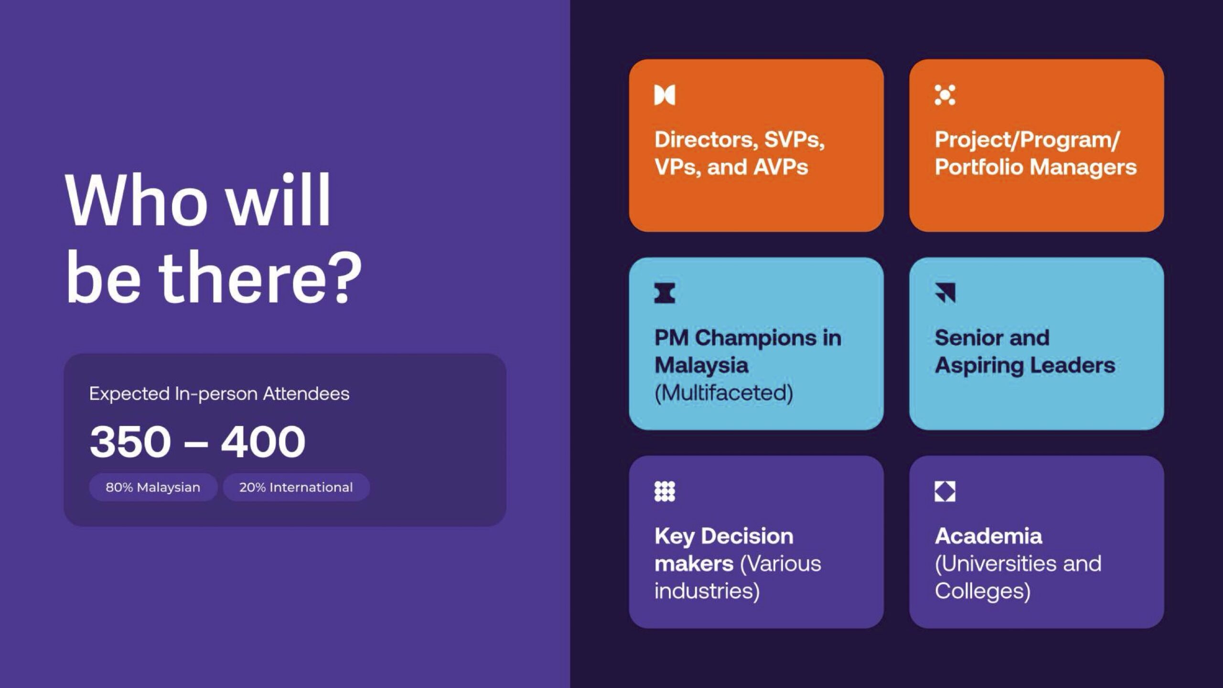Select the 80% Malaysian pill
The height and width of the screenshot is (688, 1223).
pos(153,487)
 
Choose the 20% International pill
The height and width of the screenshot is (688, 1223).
pos(296,487)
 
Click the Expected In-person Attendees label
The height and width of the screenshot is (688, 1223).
pos(219,394)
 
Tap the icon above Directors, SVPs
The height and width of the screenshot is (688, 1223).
pos(665,95)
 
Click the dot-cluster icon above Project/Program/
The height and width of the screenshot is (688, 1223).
pos(945,95)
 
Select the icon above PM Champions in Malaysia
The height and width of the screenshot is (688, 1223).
pos(665,293)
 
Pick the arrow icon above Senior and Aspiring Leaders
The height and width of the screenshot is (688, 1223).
pos(945,293)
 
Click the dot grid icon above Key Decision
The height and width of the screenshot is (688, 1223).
pos(665,491)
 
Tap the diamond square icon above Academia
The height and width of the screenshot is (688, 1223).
pos(945,491)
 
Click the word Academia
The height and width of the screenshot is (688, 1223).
pos(988,536)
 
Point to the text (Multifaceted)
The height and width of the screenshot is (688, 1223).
pos(724,393)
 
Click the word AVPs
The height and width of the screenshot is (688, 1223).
pos(781,167)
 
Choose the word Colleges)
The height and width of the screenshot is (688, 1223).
pos(983,591)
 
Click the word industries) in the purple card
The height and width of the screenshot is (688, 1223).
pos(707,591)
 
